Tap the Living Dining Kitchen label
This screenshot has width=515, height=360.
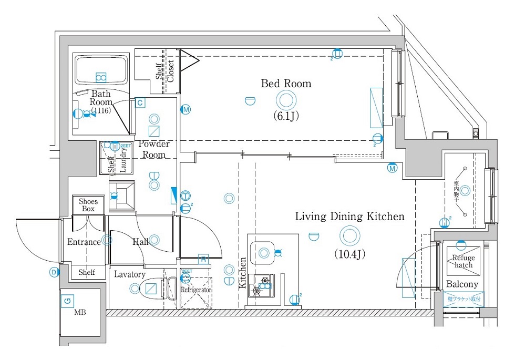349,216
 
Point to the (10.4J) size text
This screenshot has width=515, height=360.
349,254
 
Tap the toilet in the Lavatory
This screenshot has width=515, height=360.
151,288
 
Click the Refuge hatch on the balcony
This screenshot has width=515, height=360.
463,261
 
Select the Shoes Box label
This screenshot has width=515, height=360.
88,205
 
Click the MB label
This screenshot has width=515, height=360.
79,313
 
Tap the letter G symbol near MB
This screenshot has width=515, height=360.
67,301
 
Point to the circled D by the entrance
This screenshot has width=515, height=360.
54,272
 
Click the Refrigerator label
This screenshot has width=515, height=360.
196,290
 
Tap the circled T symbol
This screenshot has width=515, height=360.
185,196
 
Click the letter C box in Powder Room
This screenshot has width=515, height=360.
140,103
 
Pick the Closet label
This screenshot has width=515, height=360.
170,70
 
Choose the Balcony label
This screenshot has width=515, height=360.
462,284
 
